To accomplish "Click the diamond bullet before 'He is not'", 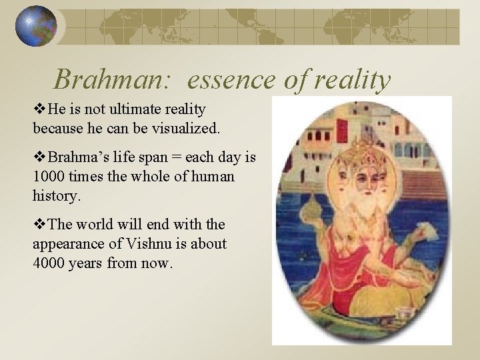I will [37, 108].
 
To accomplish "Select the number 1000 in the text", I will [47, 177].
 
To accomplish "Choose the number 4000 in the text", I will [47, 263].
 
